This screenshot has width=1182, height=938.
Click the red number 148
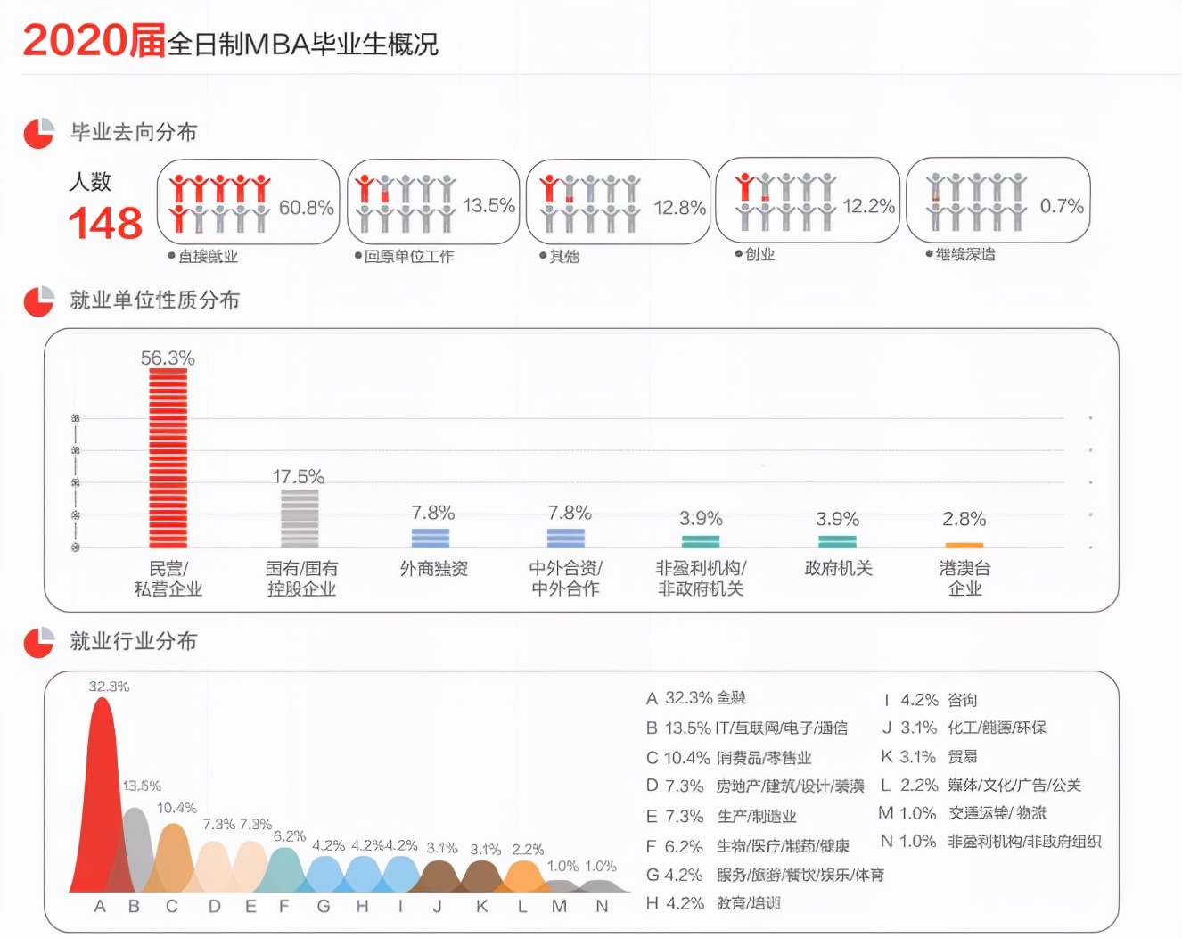point(105,223)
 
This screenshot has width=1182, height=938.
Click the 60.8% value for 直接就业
point(306,207)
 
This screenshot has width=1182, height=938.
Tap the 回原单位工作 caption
point(409,256)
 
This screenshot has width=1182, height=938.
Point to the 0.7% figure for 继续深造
point(1062,206)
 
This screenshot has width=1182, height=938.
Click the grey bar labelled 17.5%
point(300,518)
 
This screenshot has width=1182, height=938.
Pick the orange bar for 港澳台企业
point(964,545)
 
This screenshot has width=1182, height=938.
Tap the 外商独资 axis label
point(434,568)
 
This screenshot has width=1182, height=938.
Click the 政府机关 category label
point(838,568)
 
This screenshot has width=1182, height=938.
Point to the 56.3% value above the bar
point(168,358)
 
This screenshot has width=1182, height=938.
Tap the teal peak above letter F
point(284,868)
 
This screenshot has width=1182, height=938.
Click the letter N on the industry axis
point(602,906)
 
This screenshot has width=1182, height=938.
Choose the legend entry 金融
point(731,697)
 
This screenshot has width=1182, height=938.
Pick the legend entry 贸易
point(962,756)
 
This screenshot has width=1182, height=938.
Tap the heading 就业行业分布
point(133,640)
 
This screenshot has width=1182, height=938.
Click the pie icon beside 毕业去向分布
point(38,133)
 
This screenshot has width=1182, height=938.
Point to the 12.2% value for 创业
point(868,206)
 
